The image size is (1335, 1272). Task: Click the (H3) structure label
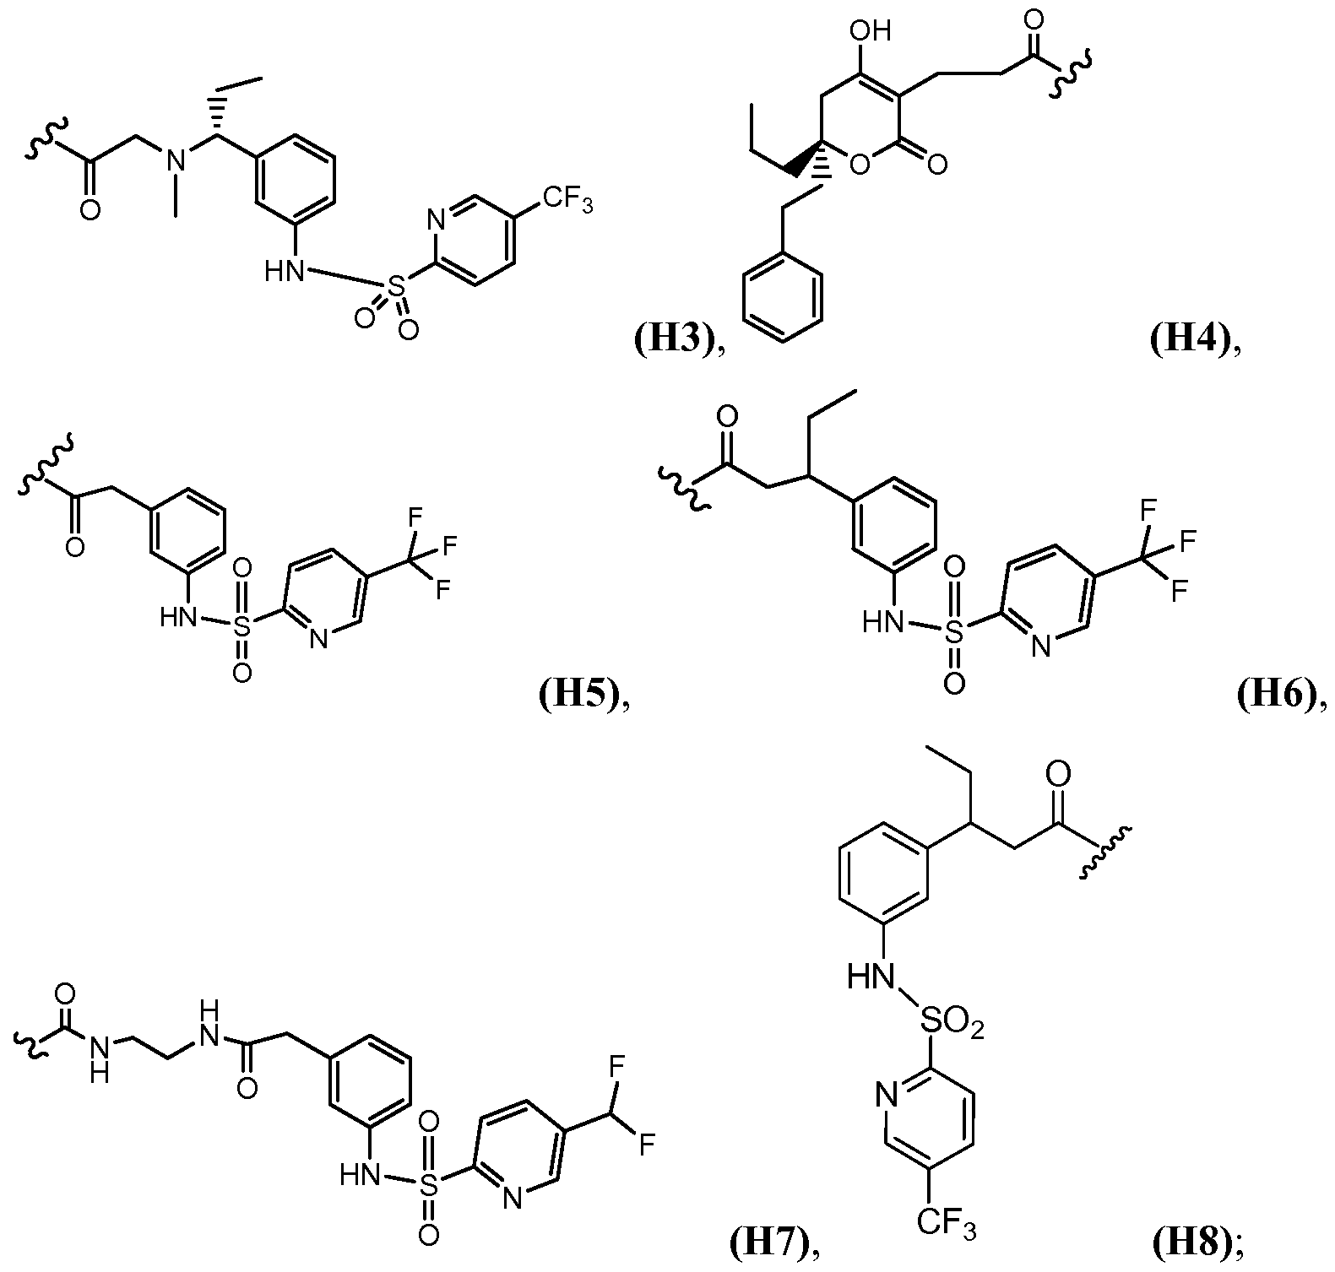[672, 340]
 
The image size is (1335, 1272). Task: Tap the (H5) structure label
[578, 696]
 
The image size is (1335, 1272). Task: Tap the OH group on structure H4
[871, 32]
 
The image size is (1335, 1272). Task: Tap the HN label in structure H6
[880, 623]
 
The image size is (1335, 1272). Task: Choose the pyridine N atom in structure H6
[1040, 647]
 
